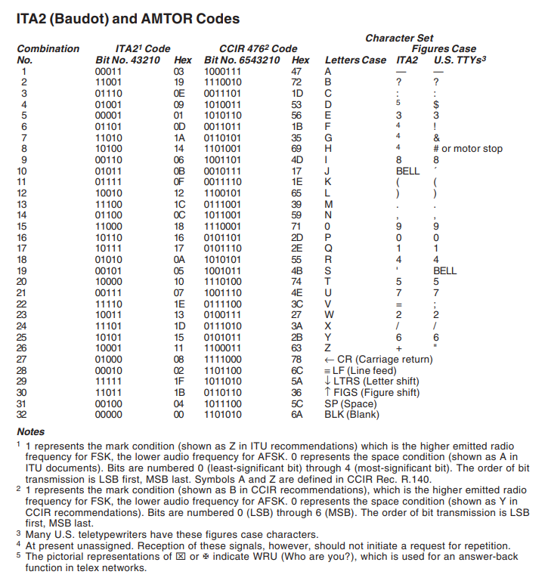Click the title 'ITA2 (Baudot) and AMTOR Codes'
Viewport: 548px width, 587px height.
pos(128,18)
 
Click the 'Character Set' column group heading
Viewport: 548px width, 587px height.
pos(399,38)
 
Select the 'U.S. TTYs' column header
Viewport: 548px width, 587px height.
pos(460,60)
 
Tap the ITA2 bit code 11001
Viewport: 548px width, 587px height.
pos(110,82)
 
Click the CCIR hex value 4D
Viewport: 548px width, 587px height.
pos(297,160)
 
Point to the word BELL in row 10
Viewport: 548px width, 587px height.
pos(407,171)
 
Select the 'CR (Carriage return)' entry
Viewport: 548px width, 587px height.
pos(379,359)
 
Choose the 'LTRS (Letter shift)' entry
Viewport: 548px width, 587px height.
pos(371,381)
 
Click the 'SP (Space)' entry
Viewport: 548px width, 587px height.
pos(348,403)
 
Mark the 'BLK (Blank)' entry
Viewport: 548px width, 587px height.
pos(351,414)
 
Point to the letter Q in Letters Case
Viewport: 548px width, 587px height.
pos(328,248)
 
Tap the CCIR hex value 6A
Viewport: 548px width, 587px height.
pos(297,414)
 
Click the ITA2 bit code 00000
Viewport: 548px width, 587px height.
pos(110,414)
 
